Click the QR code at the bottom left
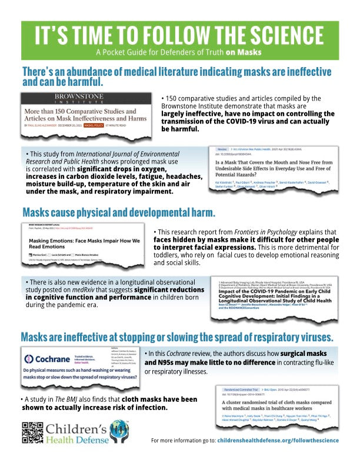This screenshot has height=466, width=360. point(31,432)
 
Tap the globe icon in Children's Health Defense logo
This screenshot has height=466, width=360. point(115,425)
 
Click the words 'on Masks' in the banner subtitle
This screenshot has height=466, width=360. point(243,51)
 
